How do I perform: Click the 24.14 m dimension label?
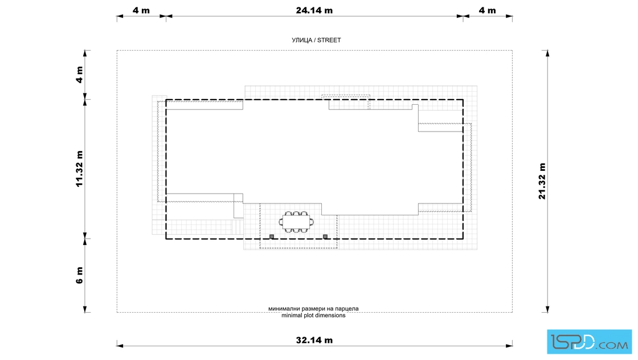pos(314,10)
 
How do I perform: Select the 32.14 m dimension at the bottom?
pos(314,340)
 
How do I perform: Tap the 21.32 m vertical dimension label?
pos(542,181)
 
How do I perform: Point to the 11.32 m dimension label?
pos(79,169)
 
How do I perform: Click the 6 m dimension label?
pos(79,275)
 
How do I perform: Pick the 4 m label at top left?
pos(141,10)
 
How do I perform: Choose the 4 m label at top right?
pos(487,10)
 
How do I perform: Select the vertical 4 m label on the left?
pos(79,75)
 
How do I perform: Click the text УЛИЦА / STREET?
pos(316,40)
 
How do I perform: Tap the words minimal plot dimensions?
pos(313,315)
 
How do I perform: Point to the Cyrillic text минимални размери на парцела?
pos(313,309)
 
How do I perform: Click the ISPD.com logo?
pos(589,342)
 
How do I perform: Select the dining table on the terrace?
pos(296,222)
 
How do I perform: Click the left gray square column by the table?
pos(272,236)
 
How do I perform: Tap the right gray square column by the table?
pos(325,236)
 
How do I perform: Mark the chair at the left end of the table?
pos(281,222)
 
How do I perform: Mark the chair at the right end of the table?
pos(312,222)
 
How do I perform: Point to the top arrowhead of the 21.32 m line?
pos(547,54)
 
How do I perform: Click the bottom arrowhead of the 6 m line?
pos(85,309)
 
